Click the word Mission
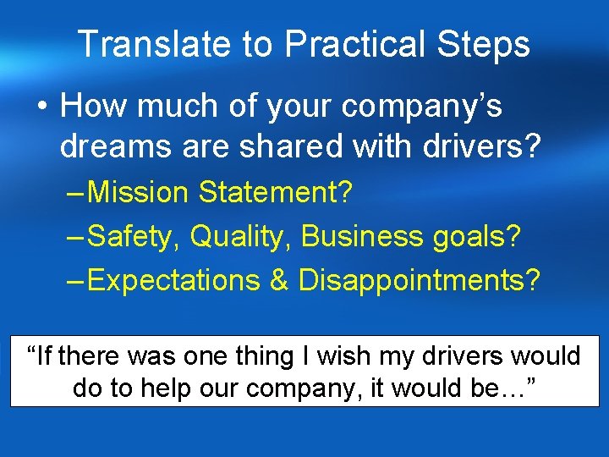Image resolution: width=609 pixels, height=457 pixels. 139,192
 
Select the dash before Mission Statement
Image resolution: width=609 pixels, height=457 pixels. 74,193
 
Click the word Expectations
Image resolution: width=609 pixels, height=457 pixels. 173,280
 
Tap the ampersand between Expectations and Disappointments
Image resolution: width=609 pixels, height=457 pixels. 279,280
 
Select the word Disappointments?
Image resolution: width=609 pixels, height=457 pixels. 419,280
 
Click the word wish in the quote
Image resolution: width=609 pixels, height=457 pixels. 339,356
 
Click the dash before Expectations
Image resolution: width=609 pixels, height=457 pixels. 74,281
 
